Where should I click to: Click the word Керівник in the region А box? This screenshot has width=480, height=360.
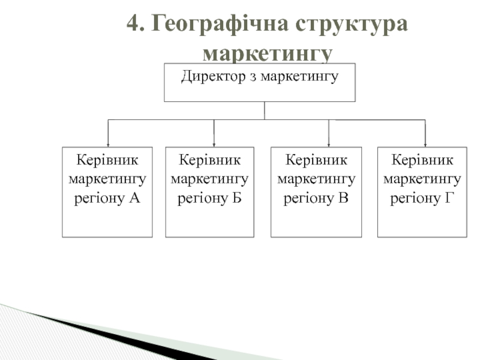(107, 160)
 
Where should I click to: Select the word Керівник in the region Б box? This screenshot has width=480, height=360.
(210, 160)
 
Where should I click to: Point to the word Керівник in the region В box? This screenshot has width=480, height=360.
(316, 160)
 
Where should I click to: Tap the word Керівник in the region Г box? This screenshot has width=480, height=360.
(422, 160)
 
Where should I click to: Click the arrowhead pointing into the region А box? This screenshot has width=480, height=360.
(108, 144)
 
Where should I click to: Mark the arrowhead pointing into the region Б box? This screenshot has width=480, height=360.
(214, 144)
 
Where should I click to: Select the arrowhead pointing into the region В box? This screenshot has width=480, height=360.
(329, 144)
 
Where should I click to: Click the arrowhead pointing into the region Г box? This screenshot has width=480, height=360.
(425, 144)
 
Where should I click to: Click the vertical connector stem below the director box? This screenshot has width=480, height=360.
(265, 110)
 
